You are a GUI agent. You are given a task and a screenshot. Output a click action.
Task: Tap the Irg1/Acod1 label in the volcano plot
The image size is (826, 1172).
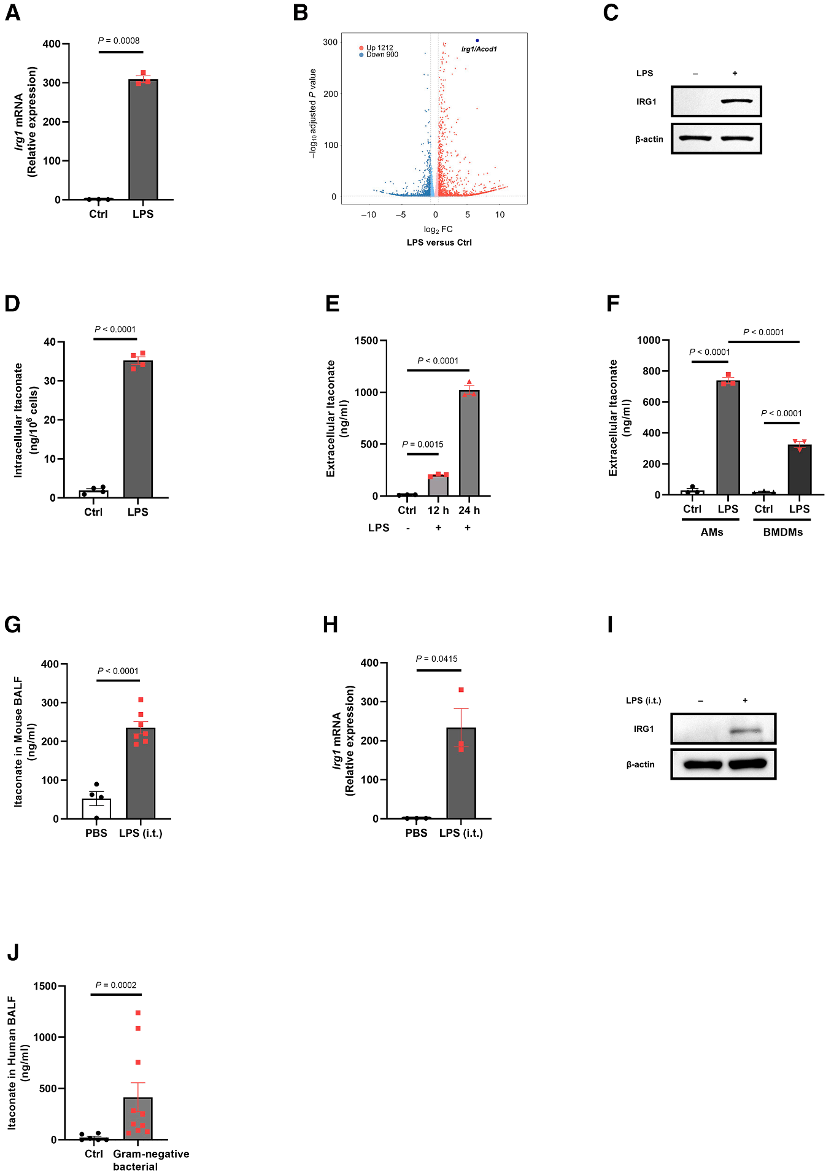pos(479,49)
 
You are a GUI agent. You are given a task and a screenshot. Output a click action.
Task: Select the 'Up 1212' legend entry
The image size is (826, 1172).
pos(379,47)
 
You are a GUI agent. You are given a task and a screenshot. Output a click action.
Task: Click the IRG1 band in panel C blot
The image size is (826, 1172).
pos(736,101)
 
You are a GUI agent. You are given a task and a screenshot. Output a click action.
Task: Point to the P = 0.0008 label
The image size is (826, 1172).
pos(119,41)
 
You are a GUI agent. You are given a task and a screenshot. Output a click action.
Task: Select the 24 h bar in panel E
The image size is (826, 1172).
pos(469,445)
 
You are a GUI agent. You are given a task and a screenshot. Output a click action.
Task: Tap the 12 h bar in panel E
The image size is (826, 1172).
pos(438,485)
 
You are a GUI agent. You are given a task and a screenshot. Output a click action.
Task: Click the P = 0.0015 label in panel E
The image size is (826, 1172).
pos(422,444)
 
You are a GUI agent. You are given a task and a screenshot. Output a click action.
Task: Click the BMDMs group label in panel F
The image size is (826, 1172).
pos(782,532)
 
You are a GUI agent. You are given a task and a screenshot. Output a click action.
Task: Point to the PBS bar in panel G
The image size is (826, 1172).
pos(96,809)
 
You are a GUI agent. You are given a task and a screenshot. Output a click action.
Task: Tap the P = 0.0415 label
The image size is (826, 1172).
pos(436,659)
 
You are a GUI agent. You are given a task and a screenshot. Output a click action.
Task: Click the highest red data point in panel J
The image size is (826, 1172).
pos(138,1012)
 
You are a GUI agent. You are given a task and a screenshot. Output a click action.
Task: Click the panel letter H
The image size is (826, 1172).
pos(330,625)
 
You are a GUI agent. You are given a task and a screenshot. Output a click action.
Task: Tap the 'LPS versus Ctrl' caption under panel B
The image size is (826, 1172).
pos(439,243)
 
